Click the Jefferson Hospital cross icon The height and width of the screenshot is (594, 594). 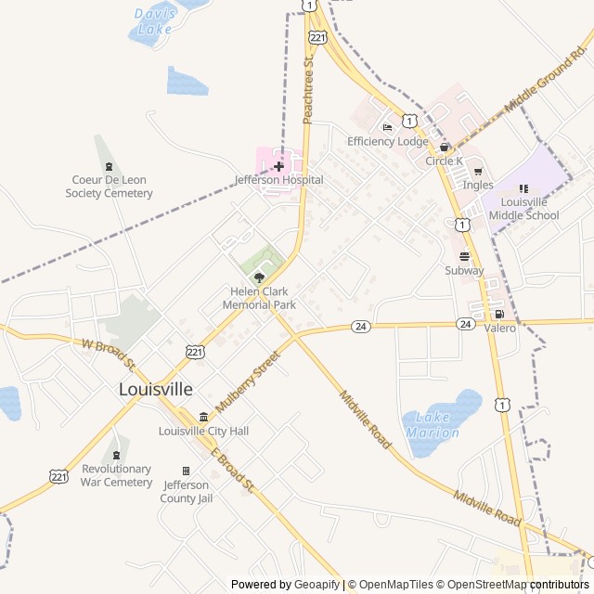pos(278,166)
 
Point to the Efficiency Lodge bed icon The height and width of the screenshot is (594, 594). pos(387,127)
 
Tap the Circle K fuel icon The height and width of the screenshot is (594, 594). pos(445,147)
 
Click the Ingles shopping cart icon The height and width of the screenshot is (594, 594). pos(478,171)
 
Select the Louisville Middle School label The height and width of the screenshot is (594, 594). pos(530,209)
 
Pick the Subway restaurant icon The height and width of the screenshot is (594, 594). pos(464,256)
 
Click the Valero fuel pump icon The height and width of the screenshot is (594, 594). pos(499,314)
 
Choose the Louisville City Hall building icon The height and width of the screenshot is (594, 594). pos(203,417)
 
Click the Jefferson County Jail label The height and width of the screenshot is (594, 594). pos(187,491)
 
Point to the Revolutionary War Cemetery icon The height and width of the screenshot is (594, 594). pos(116,455)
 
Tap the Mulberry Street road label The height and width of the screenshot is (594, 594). pos(247,381)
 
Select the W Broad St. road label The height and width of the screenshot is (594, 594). pos(109,352)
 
